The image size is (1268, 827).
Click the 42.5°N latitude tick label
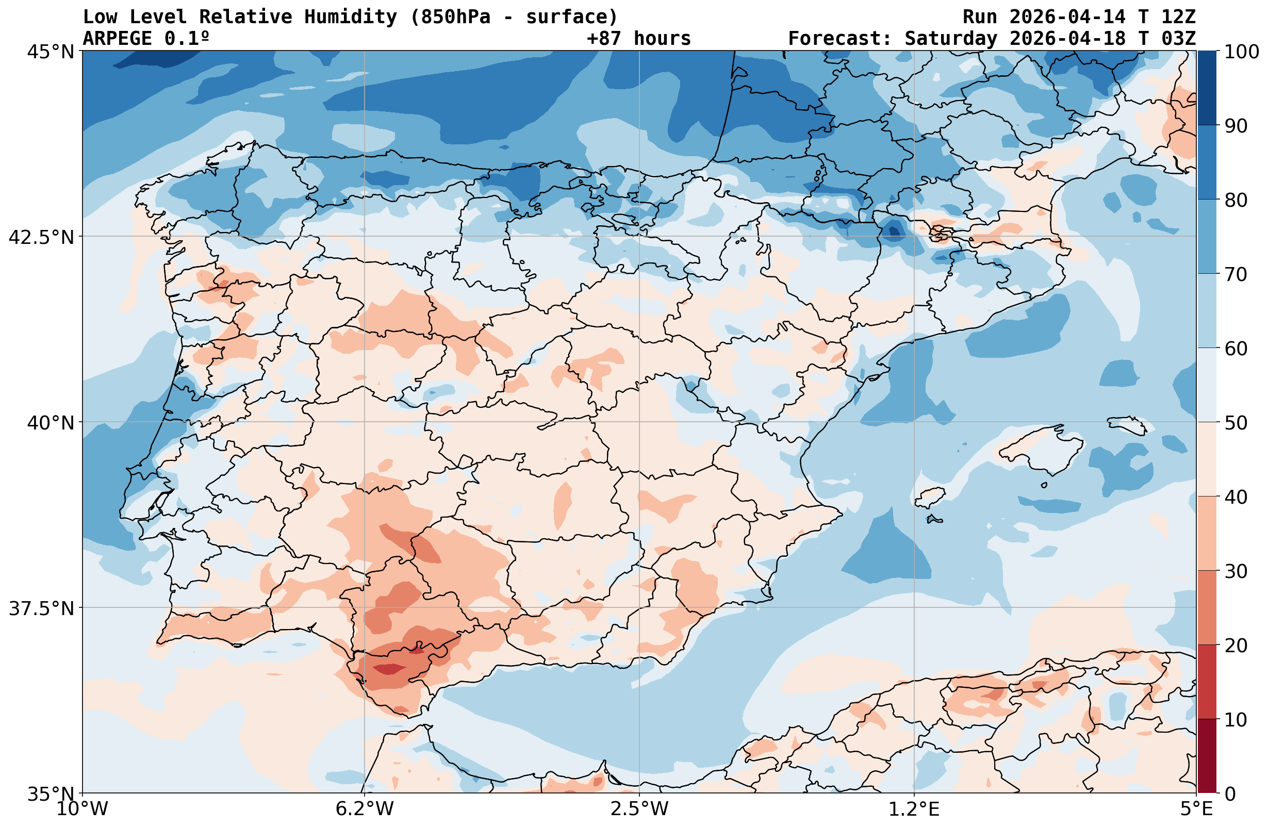pos(41,237)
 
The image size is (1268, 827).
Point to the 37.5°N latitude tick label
pos(41,608)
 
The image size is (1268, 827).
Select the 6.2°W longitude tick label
pos(365,809)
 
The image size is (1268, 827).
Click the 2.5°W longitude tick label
pos(639,809)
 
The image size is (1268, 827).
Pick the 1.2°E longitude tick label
pos(914,809)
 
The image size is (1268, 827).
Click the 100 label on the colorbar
pos(1241,52)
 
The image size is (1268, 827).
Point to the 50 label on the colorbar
pos(1236,423)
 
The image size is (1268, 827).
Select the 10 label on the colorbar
pos(1236,720)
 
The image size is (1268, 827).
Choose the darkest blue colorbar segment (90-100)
pos(1207,88)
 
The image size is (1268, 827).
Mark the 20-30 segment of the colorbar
pos(1207,607)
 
